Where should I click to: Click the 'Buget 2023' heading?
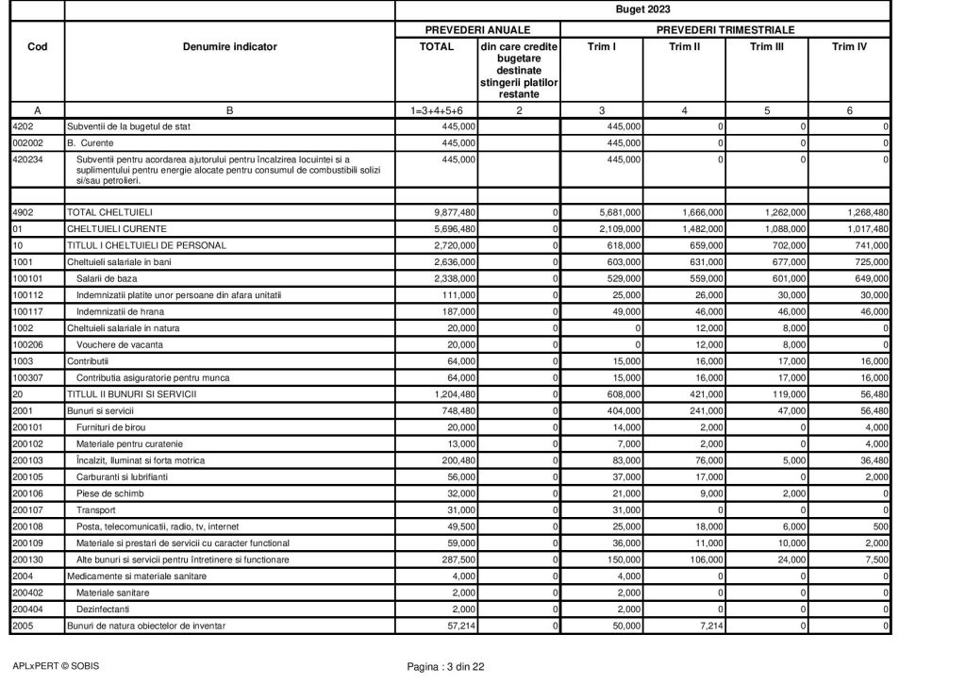tap(643, 10)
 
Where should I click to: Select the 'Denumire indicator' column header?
tap(230, 46)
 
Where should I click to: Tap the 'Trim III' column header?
tap(766, 46)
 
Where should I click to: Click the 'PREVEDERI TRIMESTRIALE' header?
tap(725, 29)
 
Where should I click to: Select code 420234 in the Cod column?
tap(25, 159)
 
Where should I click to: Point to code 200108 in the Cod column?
tap(25, 526)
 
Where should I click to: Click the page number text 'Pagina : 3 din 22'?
tap(445, 668)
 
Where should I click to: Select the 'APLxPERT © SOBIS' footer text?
tap(55, 666)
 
